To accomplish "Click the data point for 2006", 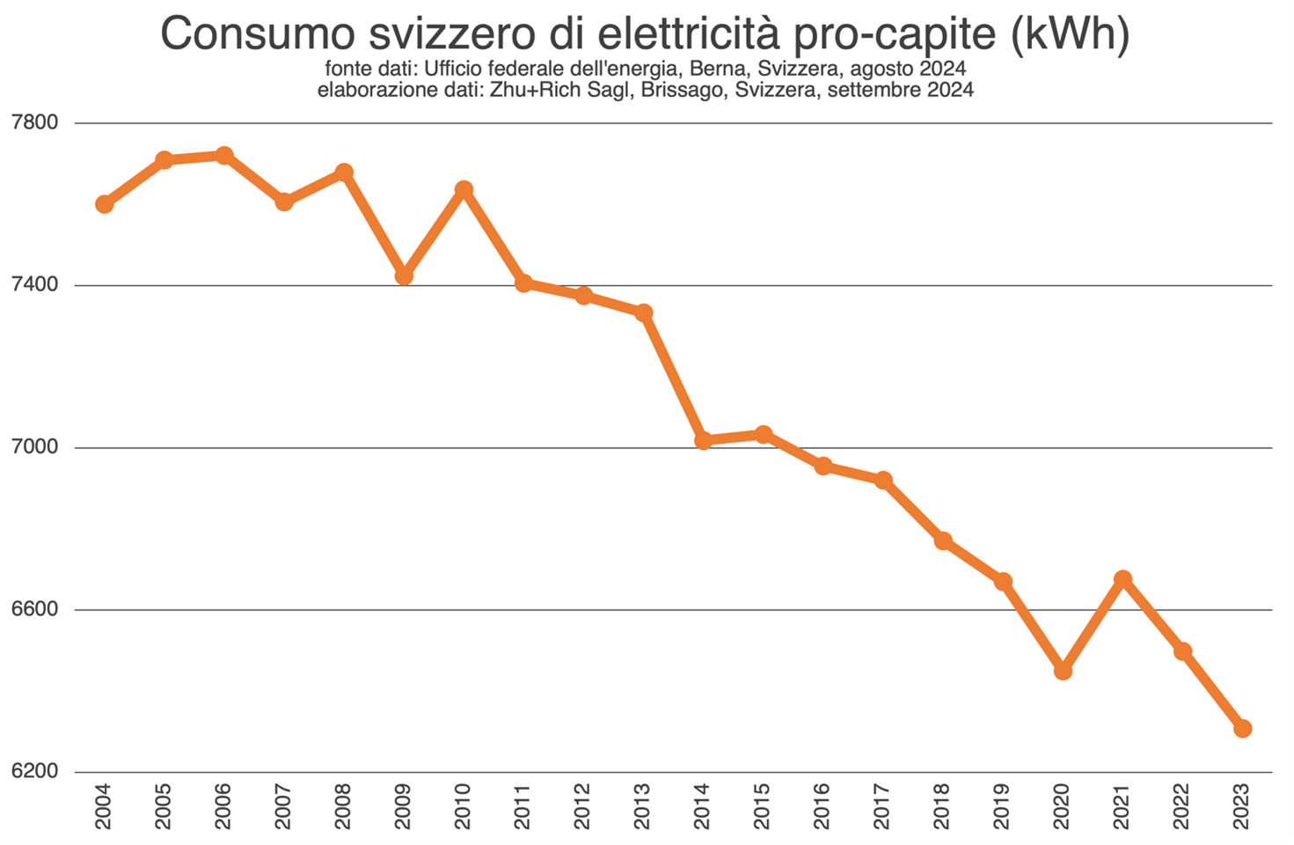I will click(x=223, y=156).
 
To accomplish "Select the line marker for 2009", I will click(x=404, y=276).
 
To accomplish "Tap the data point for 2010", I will click(x=464, y=189).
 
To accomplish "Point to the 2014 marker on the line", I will click(x=703, y=440).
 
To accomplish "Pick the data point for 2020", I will click(x=1063, y=671).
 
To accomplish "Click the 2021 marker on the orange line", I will click(x=1122, y=579).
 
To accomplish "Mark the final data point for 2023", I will click(x=1242, y=728).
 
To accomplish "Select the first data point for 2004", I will click(x=104, y=204).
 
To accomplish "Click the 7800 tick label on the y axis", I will click(x=35, y=122).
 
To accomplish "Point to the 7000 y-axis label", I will click(x=35, y=447).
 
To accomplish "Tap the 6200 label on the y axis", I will click(x=35, y=772).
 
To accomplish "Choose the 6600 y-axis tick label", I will click(x=35, y=609).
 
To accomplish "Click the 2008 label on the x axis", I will click(x=343, y=806).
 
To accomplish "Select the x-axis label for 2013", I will click(x=642, y=806).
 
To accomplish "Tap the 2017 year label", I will click(x=882, y=806).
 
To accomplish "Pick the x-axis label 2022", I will click(x=1181, y=806).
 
